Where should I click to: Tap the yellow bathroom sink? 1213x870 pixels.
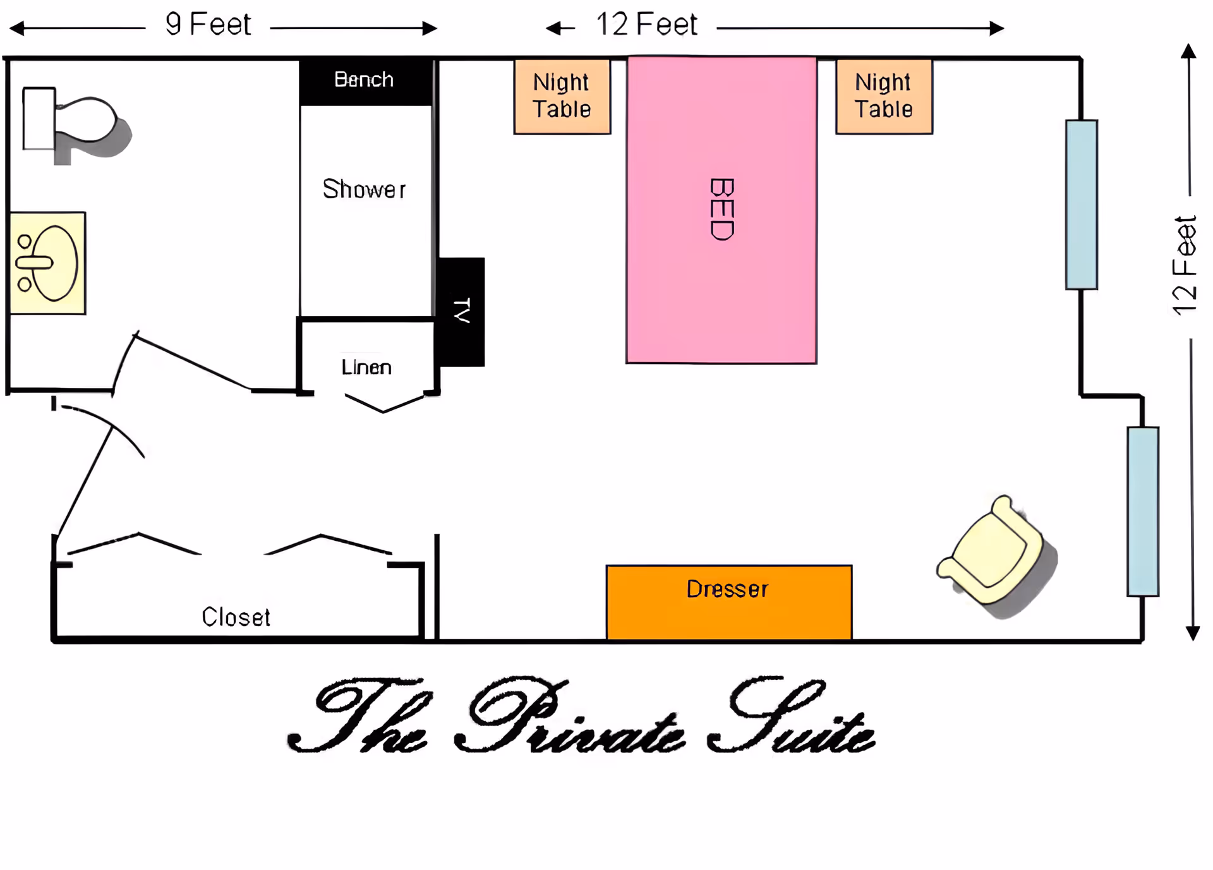(x=48, y=263)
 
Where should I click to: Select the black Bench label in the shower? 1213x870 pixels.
(x=365, y=80)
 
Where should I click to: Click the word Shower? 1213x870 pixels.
(x=364, y=189)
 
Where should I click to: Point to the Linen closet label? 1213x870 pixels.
(x=366, y=367)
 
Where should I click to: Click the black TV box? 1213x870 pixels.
(x=462, y=311)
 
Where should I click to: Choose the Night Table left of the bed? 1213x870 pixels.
(x=562, y=96)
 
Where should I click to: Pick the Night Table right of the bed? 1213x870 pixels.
(x=884, y=96)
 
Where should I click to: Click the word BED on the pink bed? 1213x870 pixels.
(x=722, y=209)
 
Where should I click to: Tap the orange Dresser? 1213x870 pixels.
(x=728, y=601)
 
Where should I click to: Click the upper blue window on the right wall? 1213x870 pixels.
(x=1081, y=205)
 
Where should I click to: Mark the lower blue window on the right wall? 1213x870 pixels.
(x=1142, y=511)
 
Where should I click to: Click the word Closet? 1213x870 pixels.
(x=236, y=617)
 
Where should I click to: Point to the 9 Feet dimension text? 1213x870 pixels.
(x=208, y=25)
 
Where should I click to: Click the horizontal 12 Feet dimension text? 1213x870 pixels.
(x=646, y=25)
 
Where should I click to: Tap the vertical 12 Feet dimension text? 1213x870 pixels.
(x=1184, y=265)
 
